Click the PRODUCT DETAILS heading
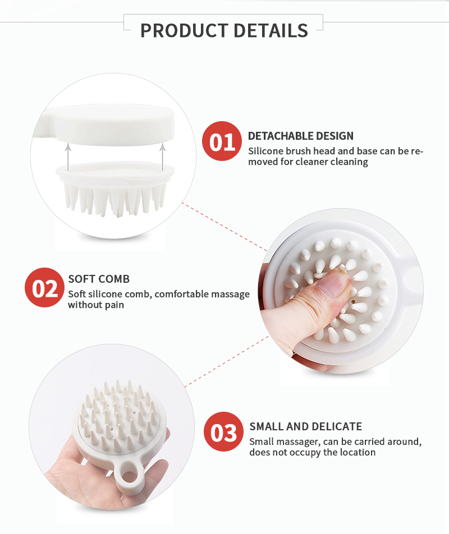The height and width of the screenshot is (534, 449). (x=224, y=30)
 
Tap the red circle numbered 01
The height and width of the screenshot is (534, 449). (x=222, y=142)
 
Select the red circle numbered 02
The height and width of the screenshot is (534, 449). (x=45, y=289)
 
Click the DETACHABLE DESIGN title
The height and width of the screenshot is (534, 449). (x=301, y=136)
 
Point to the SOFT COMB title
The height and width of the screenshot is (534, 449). (x=99, y=279)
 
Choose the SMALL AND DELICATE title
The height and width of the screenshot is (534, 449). (x=306, y=426)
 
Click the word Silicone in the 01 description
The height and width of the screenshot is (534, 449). (x=265, y=151)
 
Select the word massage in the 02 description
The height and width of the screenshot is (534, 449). (x=230, y=294)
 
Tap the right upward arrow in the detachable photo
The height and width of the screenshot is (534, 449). (x=162, y=155)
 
